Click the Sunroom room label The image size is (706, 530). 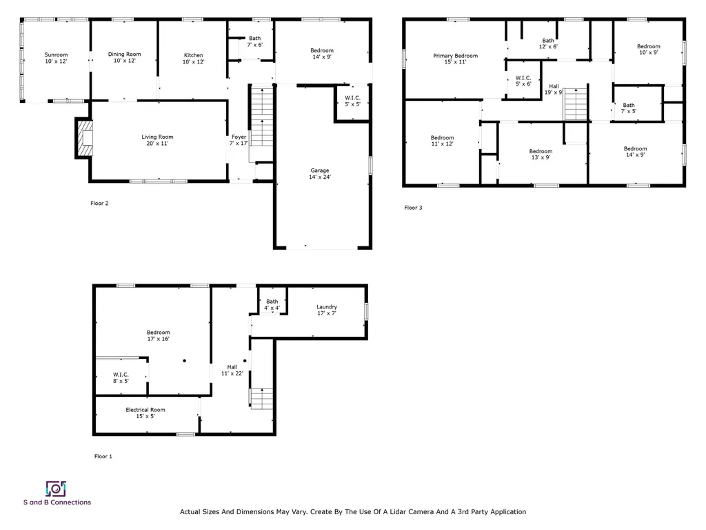[56, 58]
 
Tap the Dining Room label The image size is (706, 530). [124, 58]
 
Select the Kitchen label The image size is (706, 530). [193, 59]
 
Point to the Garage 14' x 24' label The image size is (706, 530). [319, 174]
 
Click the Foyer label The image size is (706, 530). [239, 140]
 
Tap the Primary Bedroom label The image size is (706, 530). [455, 59]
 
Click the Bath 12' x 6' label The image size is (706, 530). [548, 43]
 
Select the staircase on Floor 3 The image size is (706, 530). [575, 104]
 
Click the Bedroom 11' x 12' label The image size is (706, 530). [442, 141]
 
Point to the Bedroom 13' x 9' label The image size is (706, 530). [541, 155]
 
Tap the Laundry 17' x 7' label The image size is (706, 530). [326, 311]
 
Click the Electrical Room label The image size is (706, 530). [145, 413]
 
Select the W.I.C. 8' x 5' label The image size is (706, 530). [121, 377]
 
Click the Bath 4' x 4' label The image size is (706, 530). [272, 304]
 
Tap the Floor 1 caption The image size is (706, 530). [103, 456]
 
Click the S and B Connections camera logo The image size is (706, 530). [55, 489]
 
